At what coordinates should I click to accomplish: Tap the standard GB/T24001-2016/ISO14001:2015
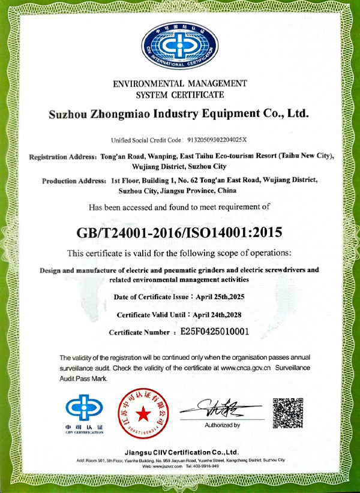pos(179,231)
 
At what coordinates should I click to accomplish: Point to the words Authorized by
pos(222,425)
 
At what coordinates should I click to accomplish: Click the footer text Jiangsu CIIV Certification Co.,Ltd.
pos(179,451)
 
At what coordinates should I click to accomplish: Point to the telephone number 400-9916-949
pos(206,465)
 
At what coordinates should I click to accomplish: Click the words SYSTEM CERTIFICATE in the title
pos(180,95)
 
